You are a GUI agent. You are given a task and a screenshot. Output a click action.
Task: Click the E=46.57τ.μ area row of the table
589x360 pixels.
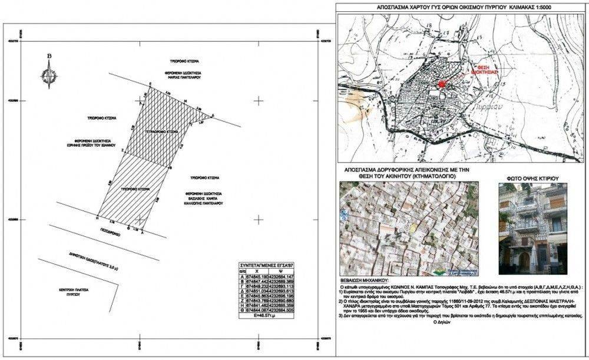coord(266,316)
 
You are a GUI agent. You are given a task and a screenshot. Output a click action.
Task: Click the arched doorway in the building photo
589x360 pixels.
coord(523,258)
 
